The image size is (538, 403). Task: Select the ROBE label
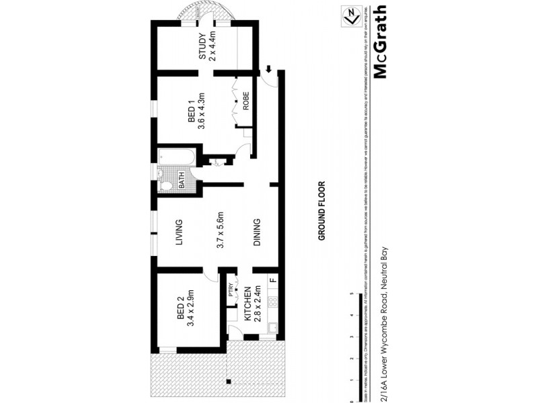(x=246, y=100)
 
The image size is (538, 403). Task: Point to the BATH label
(x=181, y=181)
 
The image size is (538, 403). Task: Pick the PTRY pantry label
(x=231, y=289)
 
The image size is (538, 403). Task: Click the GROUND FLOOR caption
(x=322, y=211)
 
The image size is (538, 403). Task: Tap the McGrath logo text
(x=379, y=42)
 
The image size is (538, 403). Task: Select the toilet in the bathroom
(x=165, y=186)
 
